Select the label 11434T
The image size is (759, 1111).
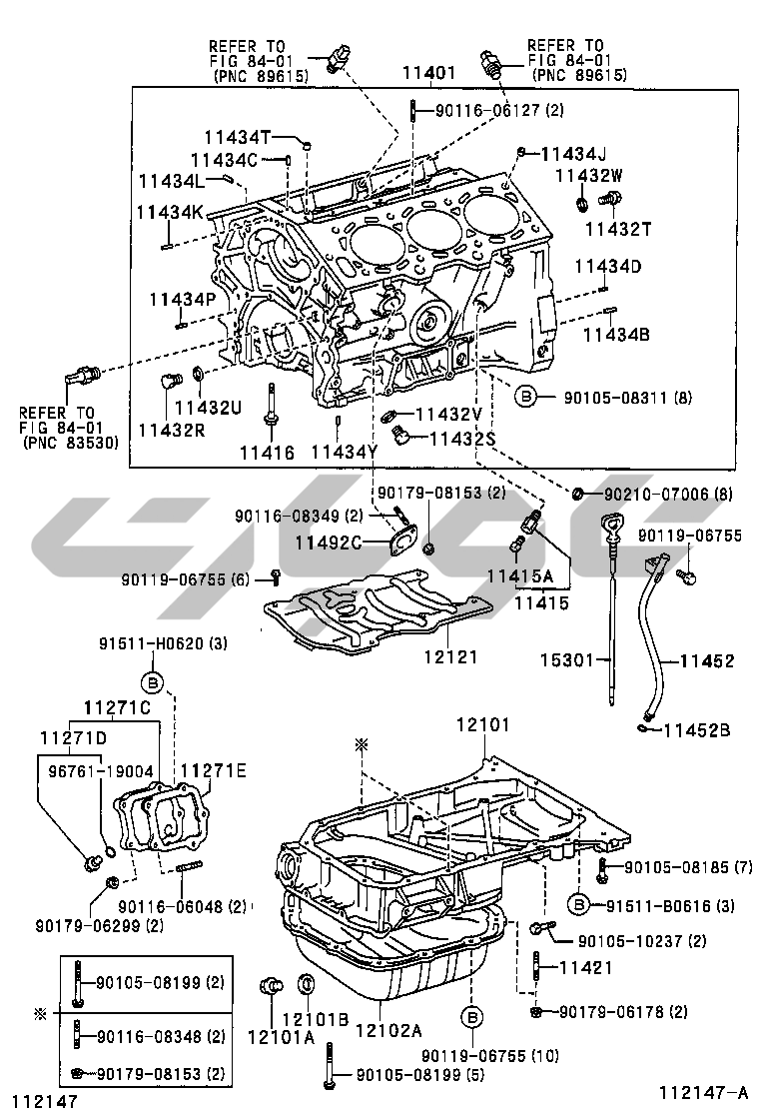pyautogui.click(x=238, y=137)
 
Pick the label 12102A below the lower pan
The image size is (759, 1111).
pyautogui.click(x=388, y=1029)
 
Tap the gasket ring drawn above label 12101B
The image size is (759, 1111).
pyautogui.click(x=308, y=986)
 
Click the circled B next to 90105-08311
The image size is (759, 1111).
pyautogui.click(x=526, y=398)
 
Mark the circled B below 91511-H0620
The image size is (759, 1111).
pyautogui.click(x=152, y=683)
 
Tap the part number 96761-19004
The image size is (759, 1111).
pyautogui.click(x=90, y=771)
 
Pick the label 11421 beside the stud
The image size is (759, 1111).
pyautogui.click(x=584, y=967)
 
